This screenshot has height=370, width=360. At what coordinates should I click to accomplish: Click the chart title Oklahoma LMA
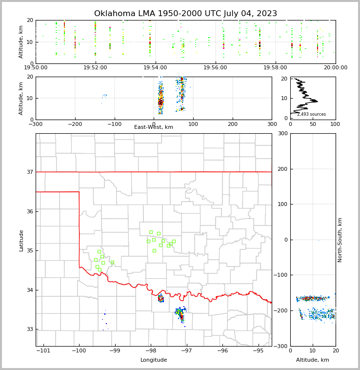point(185,14)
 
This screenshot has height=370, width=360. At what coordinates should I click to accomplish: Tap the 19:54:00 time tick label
point(155,68)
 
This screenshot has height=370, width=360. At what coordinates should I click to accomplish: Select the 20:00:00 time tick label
point(335,68)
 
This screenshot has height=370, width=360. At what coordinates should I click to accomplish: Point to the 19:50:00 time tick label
point(36,68)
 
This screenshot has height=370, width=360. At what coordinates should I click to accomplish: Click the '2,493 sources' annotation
point(311,114)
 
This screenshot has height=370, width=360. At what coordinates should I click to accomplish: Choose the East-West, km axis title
point(154,127)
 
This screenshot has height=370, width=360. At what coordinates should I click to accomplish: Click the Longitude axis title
point(154,360)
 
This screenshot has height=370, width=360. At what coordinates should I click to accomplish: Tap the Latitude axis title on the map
point(21,240)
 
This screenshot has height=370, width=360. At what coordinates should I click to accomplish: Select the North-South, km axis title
point(340,240)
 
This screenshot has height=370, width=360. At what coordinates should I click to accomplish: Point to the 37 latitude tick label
point(29,172)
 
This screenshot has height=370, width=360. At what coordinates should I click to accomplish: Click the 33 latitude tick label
point(29,329)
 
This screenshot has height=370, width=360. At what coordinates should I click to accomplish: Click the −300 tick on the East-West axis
point(36,124)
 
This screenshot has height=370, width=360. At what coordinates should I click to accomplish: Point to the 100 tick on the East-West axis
point(193,124)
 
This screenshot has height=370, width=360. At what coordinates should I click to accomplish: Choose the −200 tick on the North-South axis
point(281,311)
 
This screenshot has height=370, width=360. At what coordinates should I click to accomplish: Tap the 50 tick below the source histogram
point(313,124)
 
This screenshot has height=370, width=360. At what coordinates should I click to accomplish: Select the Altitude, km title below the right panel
point(313,360)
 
